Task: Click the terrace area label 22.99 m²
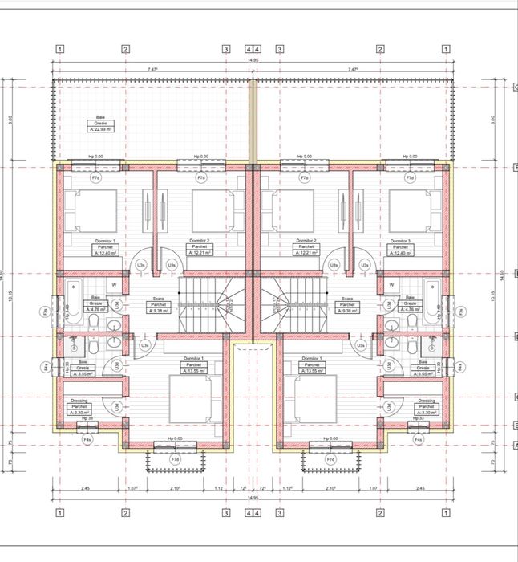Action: [101, 129]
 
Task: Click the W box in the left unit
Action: [114, 284]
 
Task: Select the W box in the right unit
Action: [393, 284]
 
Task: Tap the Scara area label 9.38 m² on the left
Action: [157, 312]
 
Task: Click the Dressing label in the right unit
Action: [427, 401]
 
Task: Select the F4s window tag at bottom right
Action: [418, 439]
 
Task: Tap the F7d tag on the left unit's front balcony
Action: [176, 458]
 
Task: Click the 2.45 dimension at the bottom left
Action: [85, 488]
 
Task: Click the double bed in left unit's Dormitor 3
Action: [90, 210]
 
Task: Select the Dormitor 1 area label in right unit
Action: [310, 371]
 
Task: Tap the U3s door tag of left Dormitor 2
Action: [171, 264]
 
